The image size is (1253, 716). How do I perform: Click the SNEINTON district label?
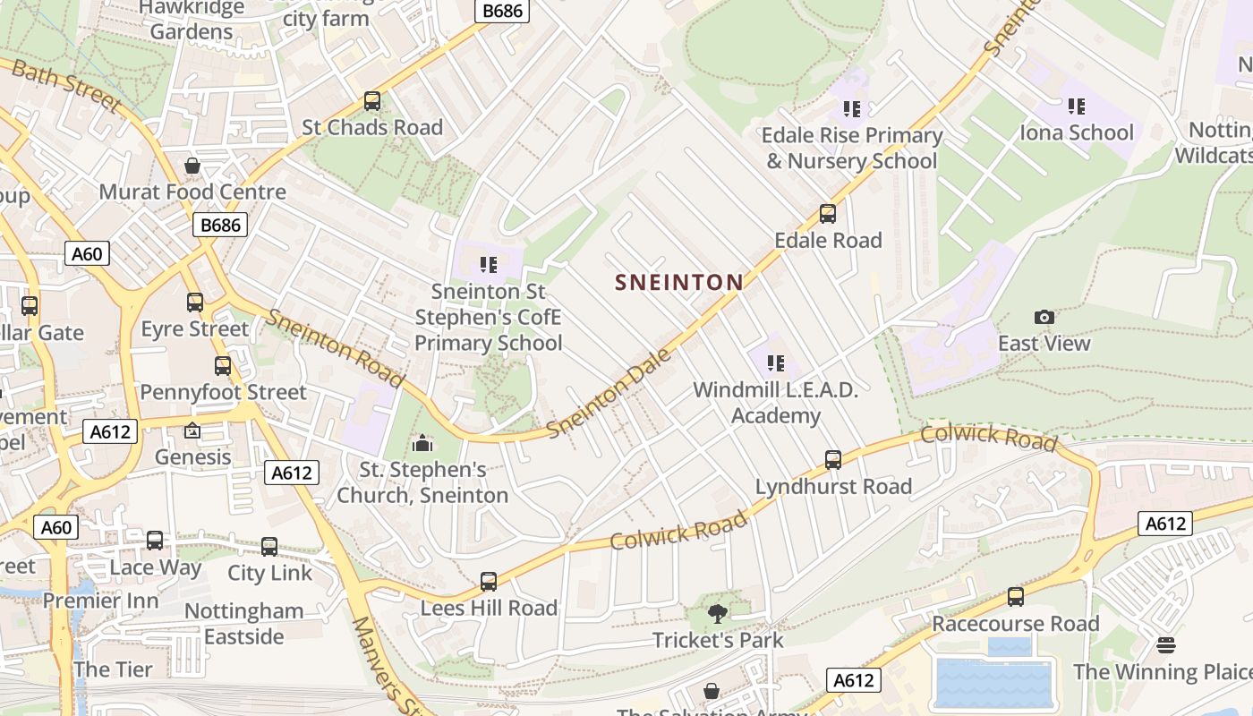(x=679, y=283)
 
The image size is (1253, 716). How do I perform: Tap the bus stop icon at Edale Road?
(x=828, y=214)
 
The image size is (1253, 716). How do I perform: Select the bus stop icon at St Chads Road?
(x=372, y=101)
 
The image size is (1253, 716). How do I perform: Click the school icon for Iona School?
(x=1077, y=107)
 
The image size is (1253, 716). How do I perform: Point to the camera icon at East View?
(x=1044, y=317)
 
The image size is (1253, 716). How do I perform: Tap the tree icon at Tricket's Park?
(x=717, y=613)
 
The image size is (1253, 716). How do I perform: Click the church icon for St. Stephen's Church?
(x=422, y=443)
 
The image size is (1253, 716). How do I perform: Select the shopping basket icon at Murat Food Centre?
(x=192, y=166)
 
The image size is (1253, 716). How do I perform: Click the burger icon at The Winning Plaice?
(x=1165, y=644)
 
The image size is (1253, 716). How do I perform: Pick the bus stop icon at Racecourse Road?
(x=1015, y=597)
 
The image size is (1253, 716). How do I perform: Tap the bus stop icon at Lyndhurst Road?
(x=833, y=460)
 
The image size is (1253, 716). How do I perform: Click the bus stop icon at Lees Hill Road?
(x=489, y=582)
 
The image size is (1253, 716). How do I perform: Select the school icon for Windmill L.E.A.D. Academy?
(x=775, y=363)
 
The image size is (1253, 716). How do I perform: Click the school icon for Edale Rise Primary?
(x=851, y=109)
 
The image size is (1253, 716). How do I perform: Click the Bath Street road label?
(x=64, y=86)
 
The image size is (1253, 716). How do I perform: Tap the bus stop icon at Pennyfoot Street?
(x=223, y=366)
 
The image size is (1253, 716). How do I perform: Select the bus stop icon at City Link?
(x=269, y=547)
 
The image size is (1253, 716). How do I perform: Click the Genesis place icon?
(x=192, y=431)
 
